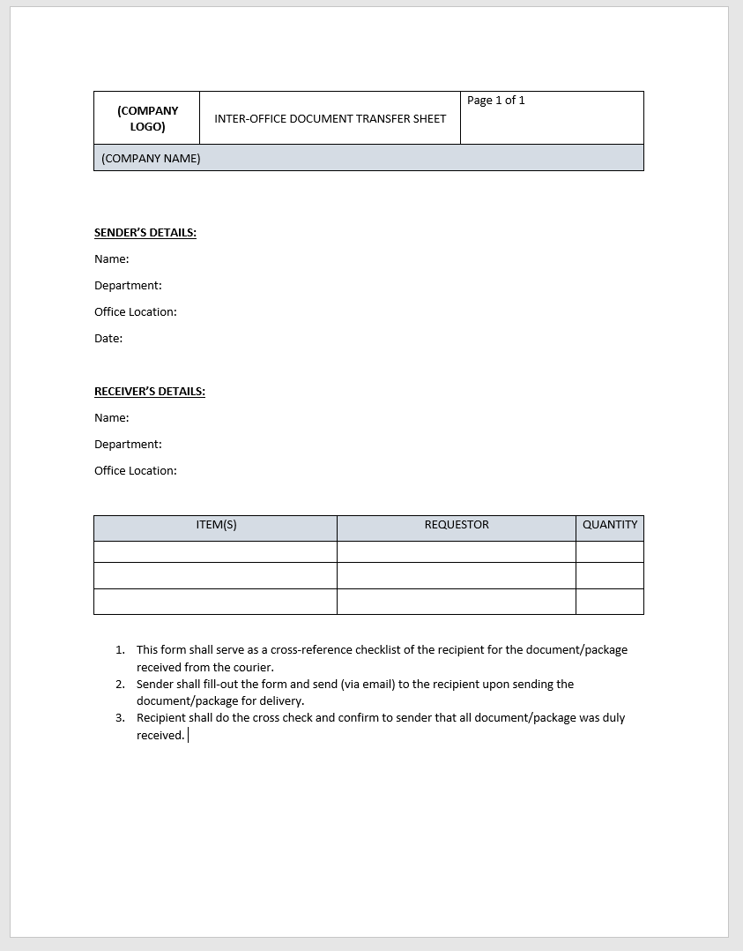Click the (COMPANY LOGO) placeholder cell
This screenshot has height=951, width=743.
[147, 118]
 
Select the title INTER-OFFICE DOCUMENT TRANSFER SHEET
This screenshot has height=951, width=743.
[330, 118]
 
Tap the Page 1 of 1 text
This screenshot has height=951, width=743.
[495, 101]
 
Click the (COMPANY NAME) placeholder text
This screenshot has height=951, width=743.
[151, 159]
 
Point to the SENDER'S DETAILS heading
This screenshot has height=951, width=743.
[145, 233]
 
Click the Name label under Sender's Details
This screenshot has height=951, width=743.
[112, 259]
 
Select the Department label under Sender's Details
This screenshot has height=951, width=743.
[128, 286]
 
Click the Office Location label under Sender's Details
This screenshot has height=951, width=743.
[136, 312]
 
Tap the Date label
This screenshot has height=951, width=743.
[108, 339]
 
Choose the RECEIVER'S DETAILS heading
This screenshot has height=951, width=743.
[150, 392]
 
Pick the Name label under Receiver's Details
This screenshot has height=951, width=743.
[112, 418]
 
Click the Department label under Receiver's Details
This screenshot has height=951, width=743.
[128, 445]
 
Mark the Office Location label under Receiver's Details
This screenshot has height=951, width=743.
[136, 471]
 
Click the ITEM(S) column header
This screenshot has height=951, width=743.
[216, 525]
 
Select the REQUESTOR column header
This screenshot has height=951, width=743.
[457, 525]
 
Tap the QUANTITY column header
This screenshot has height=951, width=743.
[610, 525]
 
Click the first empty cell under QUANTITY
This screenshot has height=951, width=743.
[610, 552]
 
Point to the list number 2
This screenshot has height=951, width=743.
[120, 685]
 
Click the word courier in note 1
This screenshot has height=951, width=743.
[252, 668]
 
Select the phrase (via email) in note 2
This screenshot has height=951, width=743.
[368, 685]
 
